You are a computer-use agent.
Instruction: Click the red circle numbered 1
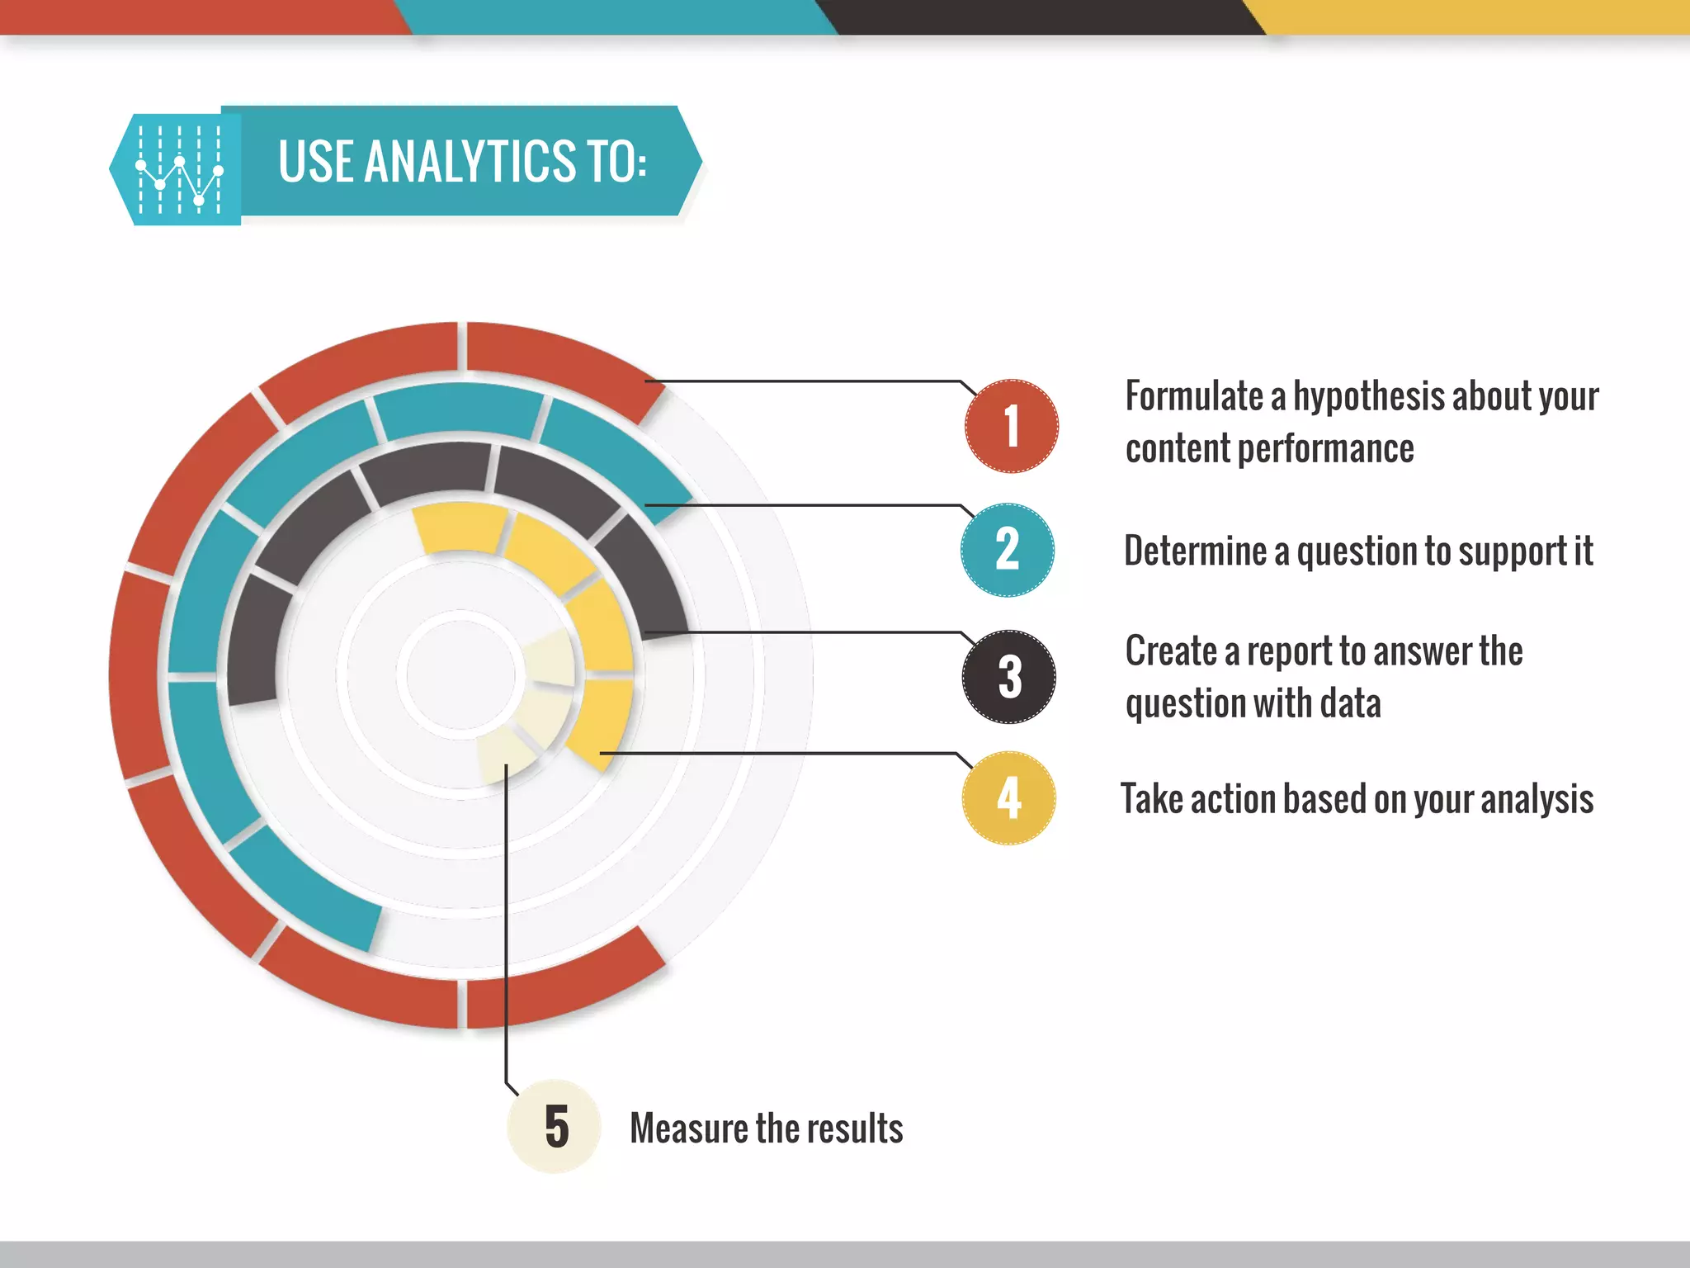pyautogui.click(x=1011, y=426)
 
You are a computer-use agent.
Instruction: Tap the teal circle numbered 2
pyautogui.click(x=1008, y=550)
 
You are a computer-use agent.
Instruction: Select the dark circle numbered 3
pyautogui.click(x=1008, y=677)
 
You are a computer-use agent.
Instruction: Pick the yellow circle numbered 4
pyautogui.click(x=1008, y=798)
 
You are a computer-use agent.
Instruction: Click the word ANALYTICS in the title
pyautogui.click(x=470, y=161)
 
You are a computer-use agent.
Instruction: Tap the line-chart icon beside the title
pyautogui.click(x=179, y=169)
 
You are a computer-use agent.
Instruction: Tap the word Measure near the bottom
pyautogui.click(x=688, y=1128)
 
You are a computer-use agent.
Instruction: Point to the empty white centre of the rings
pyautogui.click(x=460, y=674)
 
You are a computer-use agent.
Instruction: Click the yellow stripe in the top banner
pyautogui.click(x=1477, y=17)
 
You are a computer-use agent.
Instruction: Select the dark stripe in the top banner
pyautogui.click(x=1044, y=17)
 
